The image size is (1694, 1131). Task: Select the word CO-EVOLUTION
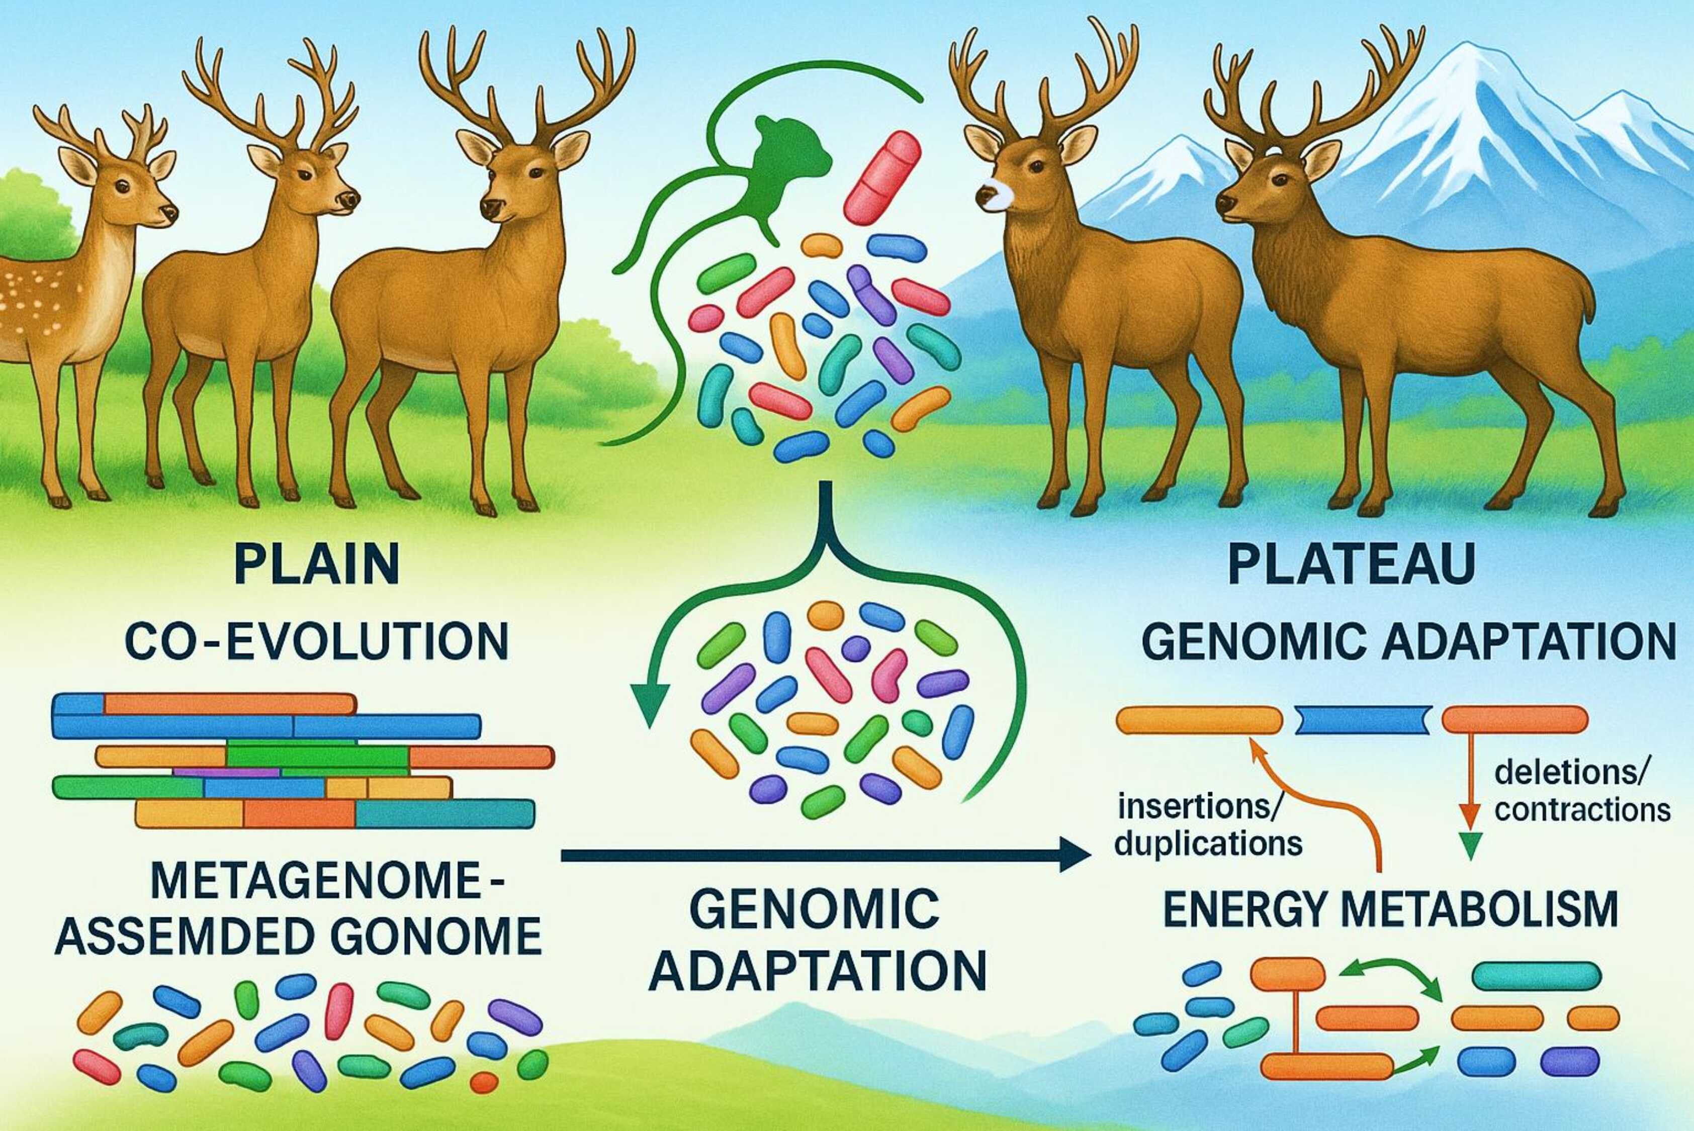coord(317,641)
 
